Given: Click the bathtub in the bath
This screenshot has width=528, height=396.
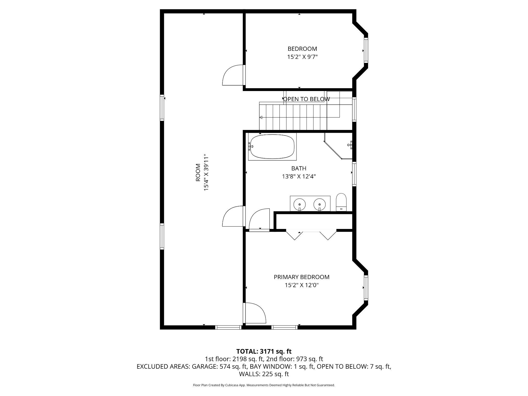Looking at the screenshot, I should point(272,147).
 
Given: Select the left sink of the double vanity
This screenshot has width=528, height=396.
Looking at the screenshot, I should point(300,204).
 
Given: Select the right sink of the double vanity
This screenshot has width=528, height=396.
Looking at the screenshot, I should point(319,204).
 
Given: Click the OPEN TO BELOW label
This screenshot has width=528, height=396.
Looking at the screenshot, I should point(306,99).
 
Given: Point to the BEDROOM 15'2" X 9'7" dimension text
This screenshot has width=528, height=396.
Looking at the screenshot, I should point(302,57).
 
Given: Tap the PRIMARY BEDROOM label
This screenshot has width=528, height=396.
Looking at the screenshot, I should point(301,277).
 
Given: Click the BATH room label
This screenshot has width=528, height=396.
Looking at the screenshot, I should point(299,168).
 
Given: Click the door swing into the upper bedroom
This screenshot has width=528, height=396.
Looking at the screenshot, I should point(232,75).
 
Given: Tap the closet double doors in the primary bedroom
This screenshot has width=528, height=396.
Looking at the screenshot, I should point(311,234).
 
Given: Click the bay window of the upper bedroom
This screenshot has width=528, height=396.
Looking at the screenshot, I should point(366,51).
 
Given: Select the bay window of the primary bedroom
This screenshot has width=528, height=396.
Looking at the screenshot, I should point(366,288).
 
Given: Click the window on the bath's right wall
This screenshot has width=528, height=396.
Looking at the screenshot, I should point(354,174).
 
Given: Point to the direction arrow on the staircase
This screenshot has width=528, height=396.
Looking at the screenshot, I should point(261,118).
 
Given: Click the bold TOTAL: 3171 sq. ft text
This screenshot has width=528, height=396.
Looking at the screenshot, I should point(264,351).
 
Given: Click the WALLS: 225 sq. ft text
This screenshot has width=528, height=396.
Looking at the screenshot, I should point(264,374).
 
